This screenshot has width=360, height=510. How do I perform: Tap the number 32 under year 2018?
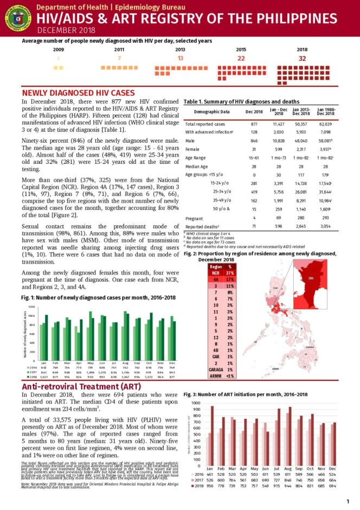pyautogui.click(x=302, y=58)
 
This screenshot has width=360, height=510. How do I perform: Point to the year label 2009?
pyautogui.click(x=59, y=49)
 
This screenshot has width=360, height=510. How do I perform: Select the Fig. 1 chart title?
pyautogui.click(x=98, y=298)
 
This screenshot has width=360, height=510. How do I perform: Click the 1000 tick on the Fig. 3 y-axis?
pyautogui.click(x=195, y=403)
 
